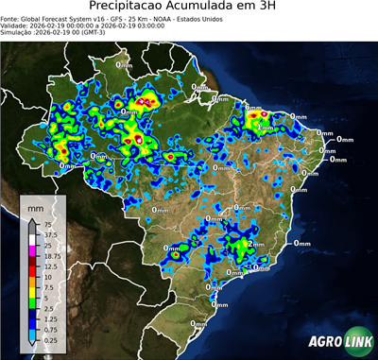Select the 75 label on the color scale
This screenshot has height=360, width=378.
point(48,224)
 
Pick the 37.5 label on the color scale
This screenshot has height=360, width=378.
point(51,234)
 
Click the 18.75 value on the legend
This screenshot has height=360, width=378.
point(53,256)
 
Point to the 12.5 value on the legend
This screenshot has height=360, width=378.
point(51,267)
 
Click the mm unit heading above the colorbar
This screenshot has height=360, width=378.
point(36,205)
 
